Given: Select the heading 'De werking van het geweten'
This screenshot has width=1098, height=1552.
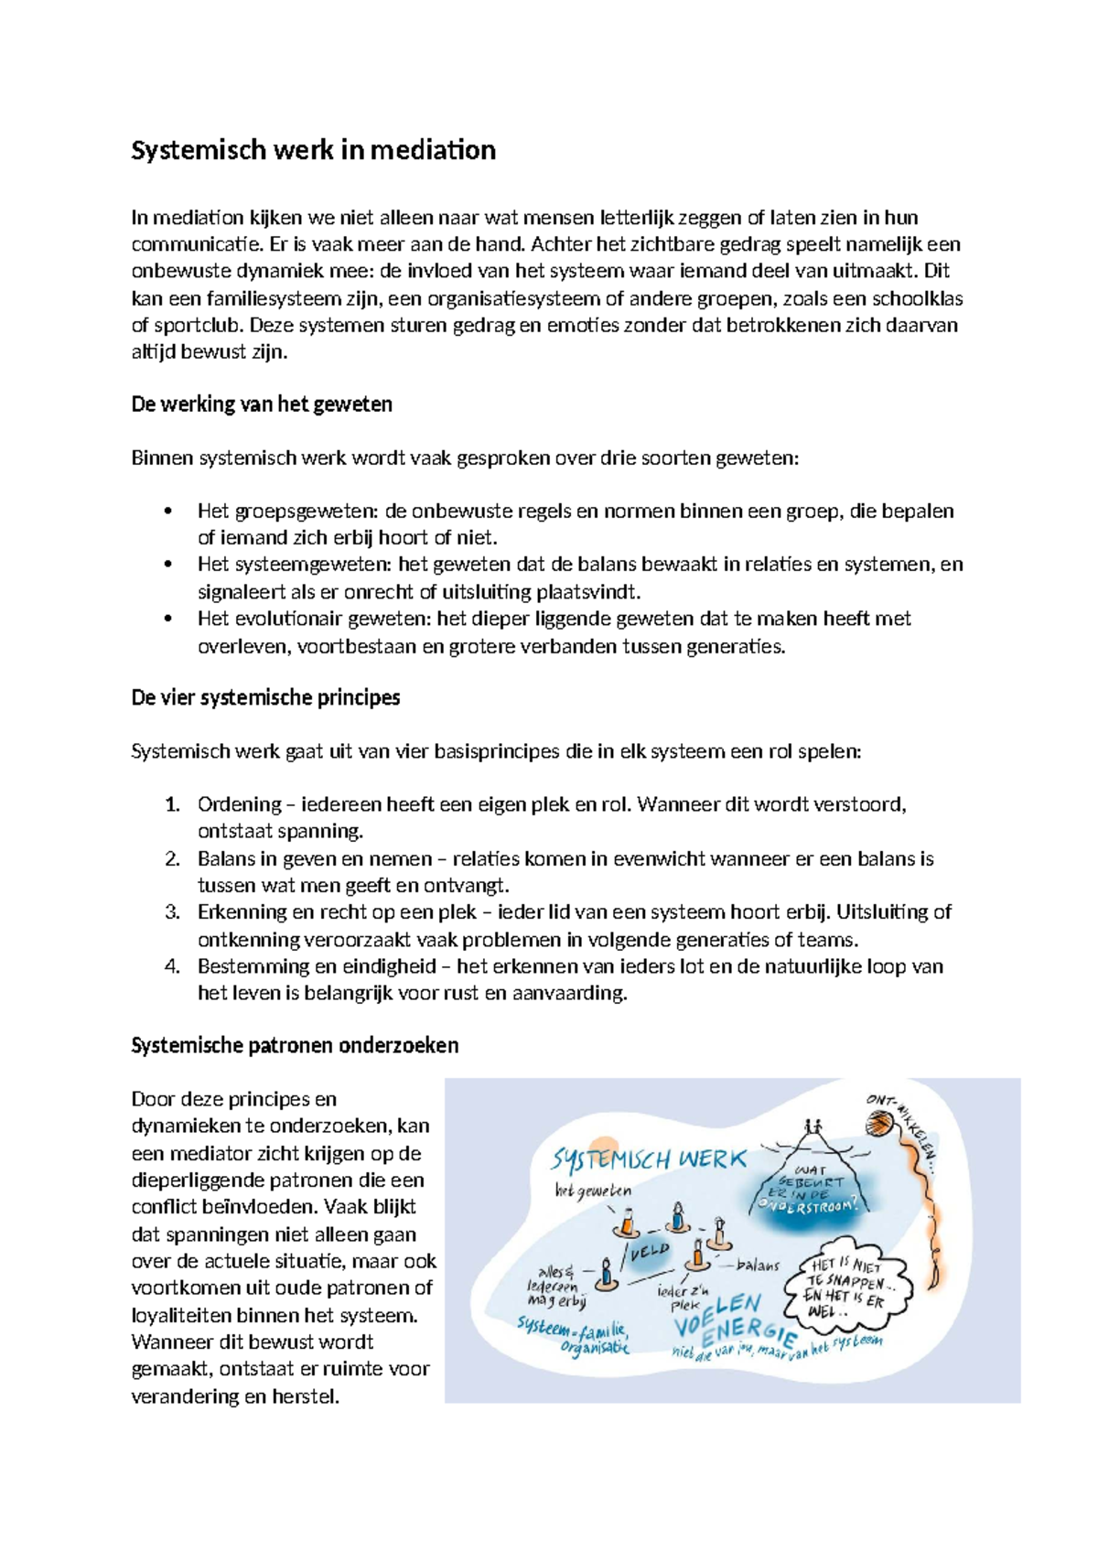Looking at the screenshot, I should coord(262,404).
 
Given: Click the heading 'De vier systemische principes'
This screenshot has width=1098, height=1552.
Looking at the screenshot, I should coord(265,697).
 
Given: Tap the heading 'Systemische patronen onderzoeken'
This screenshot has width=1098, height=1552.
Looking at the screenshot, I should coord(295,1045).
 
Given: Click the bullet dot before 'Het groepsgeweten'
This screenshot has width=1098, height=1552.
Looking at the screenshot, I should coord(167,512).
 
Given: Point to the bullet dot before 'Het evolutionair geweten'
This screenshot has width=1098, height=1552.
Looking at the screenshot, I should coord(167,619).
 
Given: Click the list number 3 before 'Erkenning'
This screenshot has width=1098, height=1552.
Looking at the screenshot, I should coord(172,912).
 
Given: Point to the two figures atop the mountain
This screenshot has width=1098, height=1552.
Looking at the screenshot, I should coord(811,1127).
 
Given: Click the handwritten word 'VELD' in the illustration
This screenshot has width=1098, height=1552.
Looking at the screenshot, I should coord(650,1251).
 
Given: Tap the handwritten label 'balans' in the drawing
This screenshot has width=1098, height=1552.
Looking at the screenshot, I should coord(758,1266).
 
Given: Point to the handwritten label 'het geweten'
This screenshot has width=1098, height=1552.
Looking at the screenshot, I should coord(593,1191).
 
